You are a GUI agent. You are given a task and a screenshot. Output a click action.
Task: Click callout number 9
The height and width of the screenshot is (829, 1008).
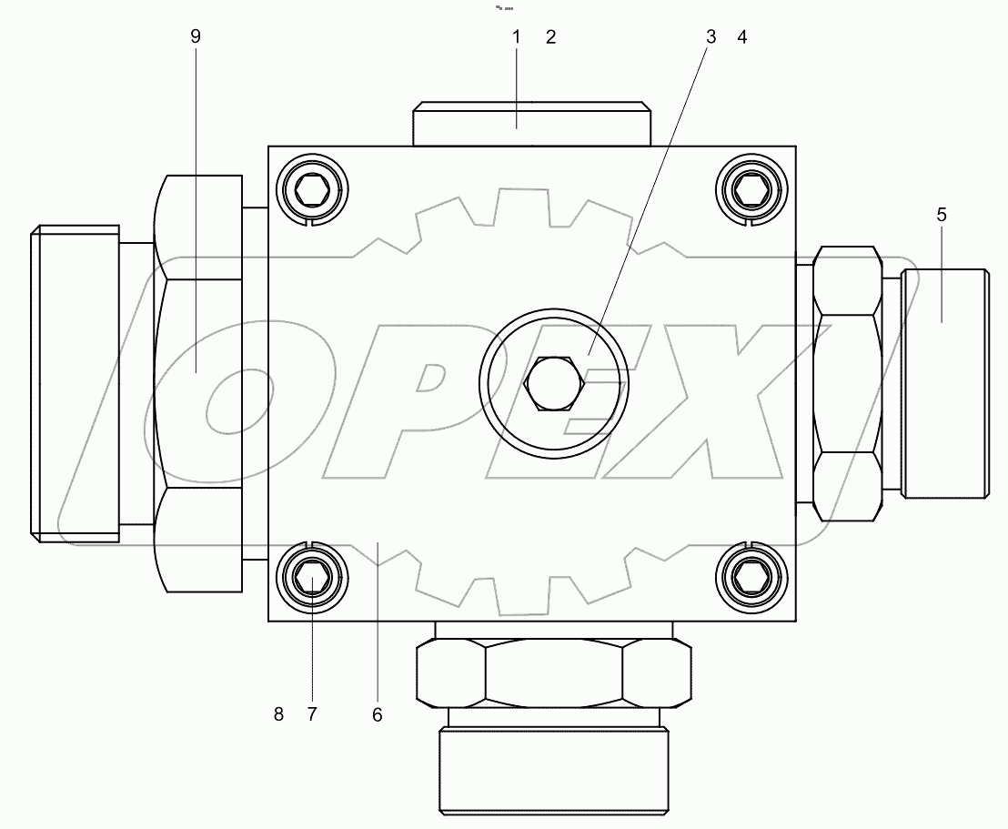tap(196, 36)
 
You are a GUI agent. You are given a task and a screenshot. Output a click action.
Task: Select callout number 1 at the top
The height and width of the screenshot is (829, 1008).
tap(516, 37)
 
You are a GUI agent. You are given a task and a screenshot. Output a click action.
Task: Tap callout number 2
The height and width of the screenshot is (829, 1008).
tap(549, 37)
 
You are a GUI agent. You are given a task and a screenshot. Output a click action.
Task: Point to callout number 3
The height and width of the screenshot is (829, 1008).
tap(711, 37)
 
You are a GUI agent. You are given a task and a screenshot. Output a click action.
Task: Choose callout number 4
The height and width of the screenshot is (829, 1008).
tap(742, 37)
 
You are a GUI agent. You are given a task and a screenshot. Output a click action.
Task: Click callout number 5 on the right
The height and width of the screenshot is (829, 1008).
tap(942, 215)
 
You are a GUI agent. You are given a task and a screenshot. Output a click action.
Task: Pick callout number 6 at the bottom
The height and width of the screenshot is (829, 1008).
tap(377, 714)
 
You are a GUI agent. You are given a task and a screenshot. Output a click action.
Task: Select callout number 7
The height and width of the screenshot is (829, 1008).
tap(311, 714)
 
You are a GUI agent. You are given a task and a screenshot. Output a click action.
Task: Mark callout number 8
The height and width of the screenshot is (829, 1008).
tap(279, 714)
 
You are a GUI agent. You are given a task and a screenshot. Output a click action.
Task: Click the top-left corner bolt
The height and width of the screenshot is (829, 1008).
tap(312, 190)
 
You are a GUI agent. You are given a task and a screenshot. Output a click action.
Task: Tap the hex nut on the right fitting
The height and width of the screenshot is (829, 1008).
tap(847, 382)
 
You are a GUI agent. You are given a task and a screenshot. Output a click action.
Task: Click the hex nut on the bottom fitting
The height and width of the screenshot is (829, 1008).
tap(553, 672)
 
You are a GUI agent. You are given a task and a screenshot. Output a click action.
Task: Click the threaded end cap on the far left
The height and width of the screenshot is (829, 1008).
tap(75, 383)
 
